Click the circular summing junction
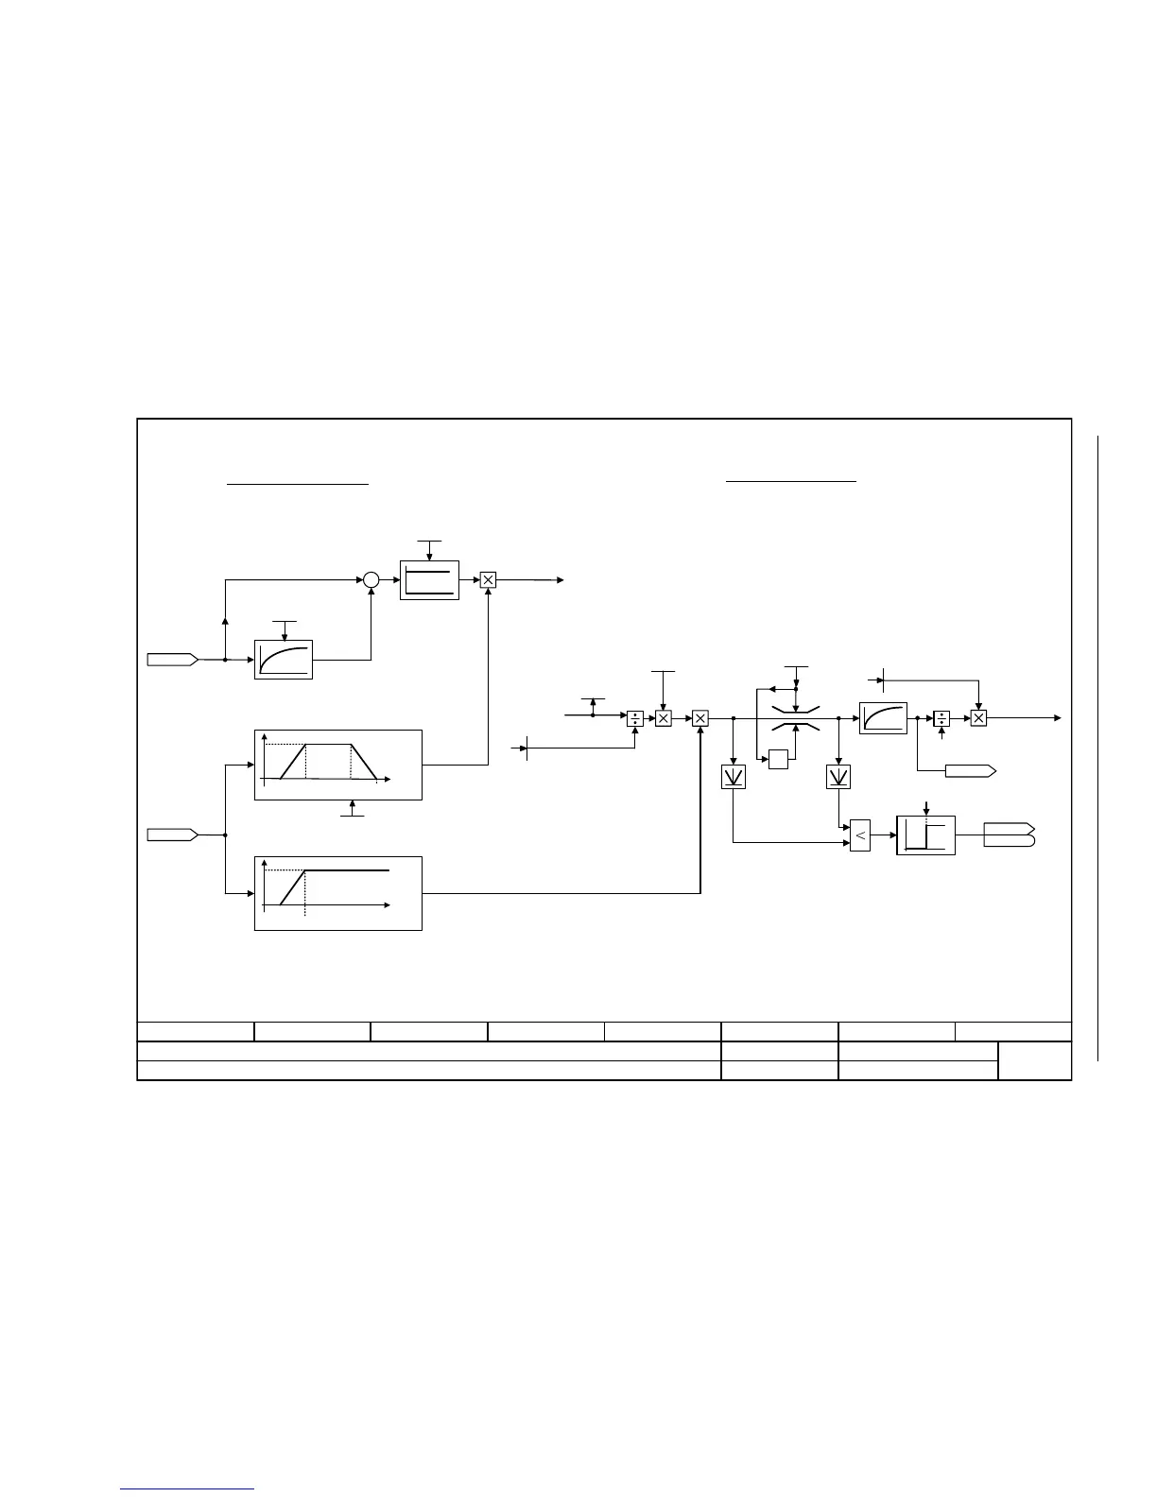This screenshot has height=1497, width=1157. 371,580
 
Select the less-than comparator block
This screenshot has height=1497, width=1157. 859,835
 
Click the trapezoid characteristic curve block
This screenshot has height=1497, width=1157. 337,765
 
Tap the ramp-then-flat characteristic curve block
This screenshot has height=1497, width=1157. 337,893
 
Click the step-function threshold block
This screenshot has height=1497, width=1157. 925,835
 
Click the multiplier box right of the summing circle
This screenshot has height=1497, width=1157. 488,580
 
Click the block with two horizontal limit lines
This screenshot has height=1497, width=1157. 429,579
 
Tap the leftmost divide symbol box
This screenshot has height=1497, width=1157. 635,718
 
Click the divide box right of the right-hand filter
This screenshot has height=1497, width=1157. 941,718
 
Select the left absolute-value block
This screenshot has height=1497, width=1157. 734,776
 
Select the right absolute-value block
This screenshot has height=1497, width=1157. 838,776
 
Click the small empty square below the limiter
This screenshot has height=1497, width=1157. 778,759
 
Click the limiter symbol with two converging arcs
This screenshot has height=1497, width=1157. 796,718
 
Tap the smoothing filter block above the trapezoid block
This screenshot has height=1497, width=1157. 284,660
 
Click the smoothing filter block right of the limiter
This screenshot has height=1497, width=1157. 883,718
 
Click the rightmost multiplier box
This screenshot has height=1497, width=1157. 978,718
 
